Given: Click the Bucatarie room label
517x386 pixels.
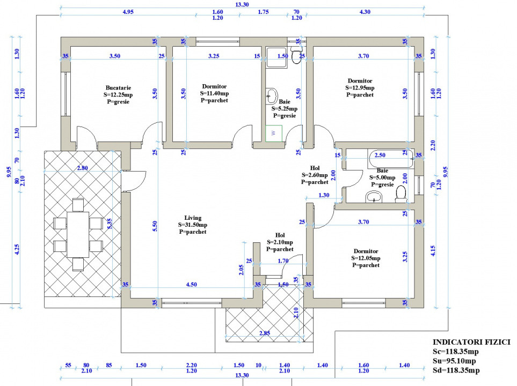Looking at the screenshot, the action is [x=118, y=87].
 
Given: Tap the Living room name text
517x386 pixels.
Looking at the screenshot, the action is [x=193, y=218].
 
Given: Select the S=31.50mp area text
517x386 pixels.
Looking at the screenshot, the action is [x=193, y=225].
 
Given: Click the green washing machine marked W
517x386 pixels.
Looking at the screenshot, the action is [x=274, y=133].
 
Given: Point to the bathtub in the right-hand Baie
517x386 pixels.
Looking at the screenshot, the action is [x=391, y=159].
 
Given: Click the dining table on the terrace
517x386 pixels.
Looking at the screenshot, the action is [x=78, y=234].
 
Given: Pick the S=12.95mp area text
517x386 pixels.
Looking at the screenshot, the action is [x=360, y=87].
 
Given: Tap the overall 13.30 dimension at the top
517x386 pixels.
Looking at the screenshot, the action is [x=242, y=5].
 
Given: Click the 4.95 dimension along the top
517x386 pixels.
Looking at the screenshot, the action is [x=128, y=12].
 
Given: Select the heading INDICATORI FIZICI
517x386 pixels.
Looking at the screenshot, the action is [x=471, y=342].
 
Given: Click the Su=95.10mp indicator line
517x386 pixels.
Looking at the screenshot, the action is [x=454, y=361].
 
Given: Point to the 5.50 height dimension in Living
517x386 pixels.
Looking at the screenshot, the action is [x=155, y=226].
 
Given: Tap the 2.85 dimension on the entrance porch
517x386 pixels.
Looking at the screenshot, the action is [x=265, y=333].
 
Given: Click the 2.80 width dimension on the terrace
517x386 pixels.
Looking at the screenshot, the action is [x=83, y=168].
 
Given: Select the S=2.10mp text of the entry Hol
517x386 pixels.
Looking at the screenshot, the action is [x=280, y=242].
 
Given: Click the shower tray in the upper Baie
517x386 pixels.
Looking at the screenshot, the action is [x=276, y=58].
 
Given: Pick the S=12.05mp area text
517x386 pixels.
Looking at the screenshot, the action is [x=366, y=258].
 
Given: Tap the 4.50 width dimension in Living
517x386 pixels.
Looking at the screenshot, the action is [x=191, y=285].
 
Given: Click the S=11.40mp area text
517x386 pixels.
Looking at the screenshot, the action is [x=214, y=93].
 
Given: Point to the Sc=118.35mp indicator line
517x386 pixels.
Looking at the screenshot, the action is [x=456, y=352].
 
